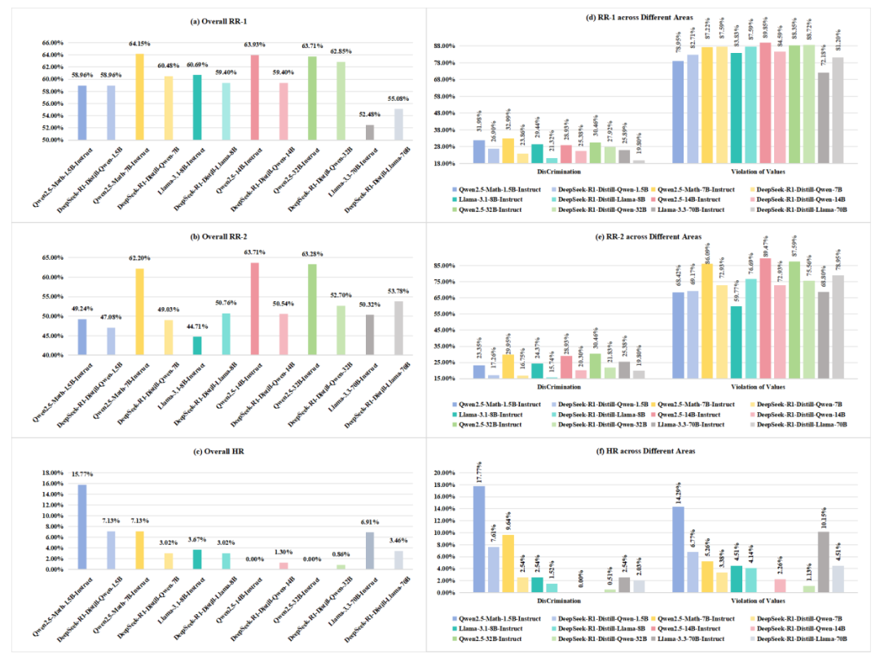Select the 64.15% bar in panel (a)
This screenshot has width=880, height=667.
click(139, 97)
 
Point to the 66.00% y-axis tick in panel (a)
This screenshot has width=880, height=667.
click(51, 42)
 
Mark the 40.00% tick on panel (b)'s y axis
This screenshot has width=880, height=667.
click(51, 355)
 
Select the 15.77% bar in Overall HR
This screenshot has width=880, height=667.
click(81, 526)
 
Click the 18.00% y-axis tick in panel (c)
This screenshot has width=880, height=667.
click(51, 473)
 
